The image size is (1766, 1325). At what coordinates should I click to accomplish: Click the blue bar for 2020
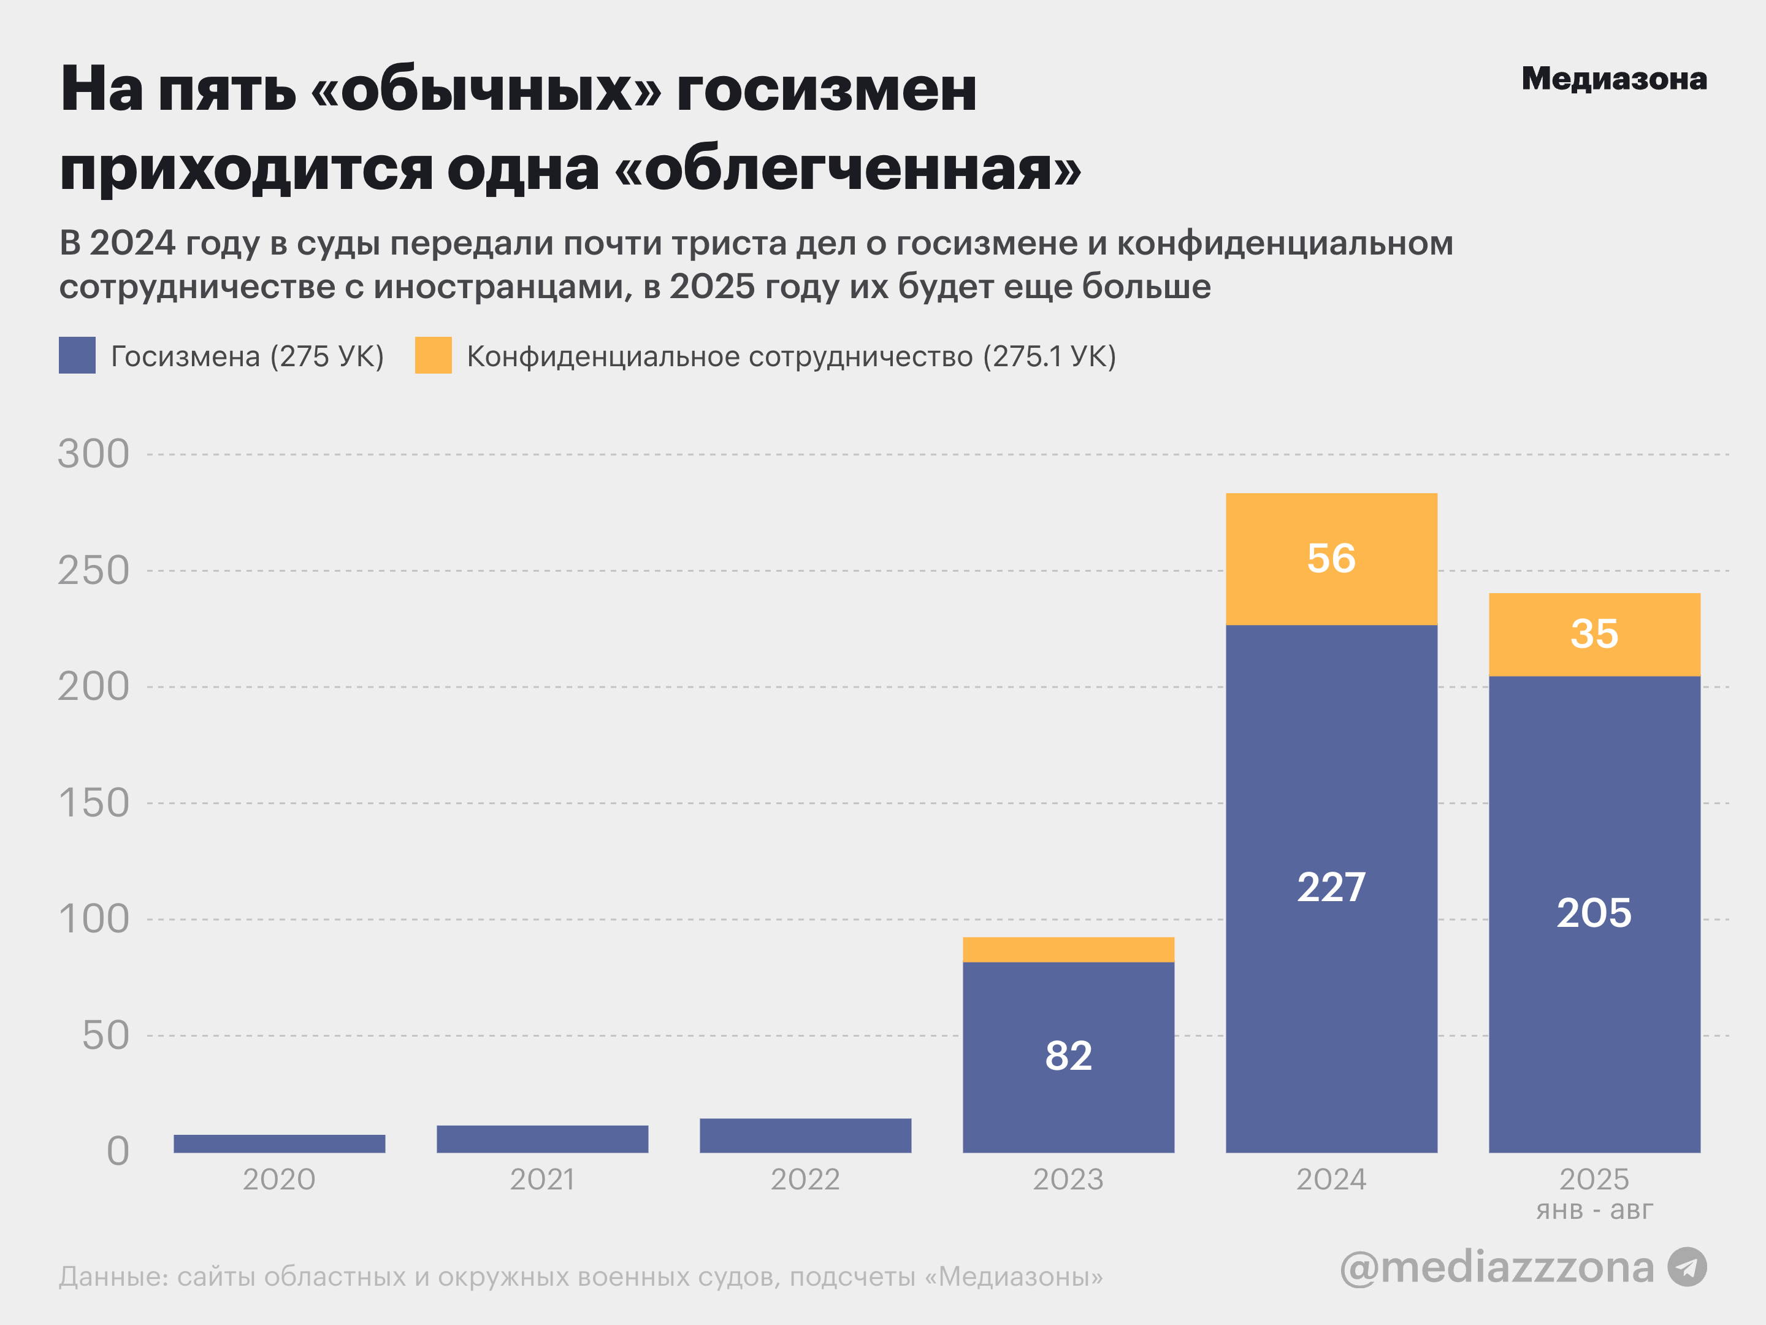[x=280, y=1143]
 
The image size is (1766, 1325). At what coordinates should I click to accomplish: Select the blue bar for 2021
[x=542, y=1139]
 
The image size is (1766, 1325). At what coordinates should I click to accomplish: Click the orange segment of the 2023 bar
[x=1068, y=950]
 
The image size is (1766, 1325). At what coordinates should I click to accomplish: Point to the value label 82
[x=1068, y=1056]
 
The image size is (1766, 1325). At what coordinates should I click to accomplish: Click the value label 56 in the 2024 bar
[x=1331, y=558]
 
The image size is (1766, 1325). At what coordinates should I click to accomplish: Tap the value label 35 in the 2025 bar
[x=1594, y=634]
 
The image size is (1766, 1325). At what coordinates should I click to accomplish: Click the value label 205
[x=1594, y=913]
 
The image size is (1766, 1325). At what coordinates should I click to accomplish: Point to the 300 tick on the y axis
[x=93, y=455]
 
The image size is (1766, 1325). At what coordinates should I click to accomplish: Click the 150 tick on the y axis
[x=93, y=802]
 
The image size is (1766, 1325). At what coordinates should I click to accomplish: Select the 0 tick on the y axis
[x=117, y=1151]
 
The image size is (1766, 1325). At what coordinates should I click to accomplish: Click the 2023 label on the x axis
[x=1068, y=1180]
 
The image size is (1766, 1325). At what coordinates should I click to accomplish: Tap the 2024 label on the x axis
[x=1331, y=1180]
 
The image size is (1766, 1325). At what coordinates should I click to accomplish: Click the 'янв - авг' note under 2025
[x=1594, y=1211]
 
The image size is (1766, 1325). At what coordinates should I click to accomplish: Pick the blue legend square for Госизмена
[x=77, y=355]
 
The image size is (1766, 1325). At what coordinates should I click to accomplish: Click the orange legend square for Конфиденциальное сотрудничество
[x=433, y=355]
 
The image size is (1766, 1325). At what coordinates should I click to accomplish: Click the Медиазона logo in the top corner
[x=1613, y=79]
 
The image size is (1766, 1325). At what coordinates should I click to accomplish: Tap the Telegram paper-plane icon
[x=1687, y=1267]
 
